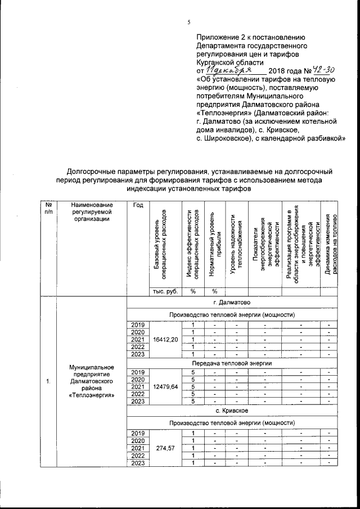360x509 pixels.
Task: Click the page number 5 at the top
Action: (189, 22)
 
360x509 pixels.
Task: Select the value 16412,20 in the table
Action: (165, 339)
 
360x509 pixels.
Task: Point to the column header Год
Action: (137, 205)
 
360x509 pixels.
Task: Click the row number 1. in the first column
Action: (49, 382)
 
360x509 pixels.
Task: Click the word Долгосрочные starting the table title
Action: (92, 169)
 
